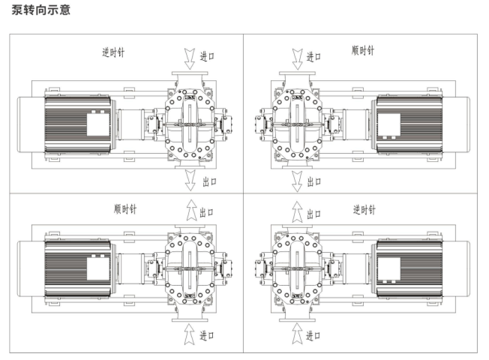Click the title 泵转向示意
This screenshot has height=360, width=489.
pos(40,9)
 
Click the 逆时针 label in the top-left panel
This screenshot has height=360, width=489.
pos(113,52)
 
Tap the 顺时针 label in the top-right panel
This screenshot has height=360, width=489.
pos(363,50)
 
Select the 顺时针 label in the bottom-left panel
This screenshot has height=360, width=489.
pos(125,209)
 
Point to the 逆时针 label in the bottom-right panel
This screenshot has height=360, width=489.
pos(364,210)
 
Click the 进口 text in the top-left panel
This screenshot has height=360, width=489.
pos(207,56)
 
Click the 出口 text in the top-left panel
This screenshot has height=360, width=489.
pos(209,181)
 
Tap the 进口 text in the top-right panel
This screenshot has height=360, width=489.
pos(313,57)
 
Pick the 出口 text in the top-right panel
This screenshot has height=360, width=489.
pos(314,181)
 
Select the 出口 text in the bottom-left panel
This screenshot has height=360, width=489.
pos(206,213)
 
